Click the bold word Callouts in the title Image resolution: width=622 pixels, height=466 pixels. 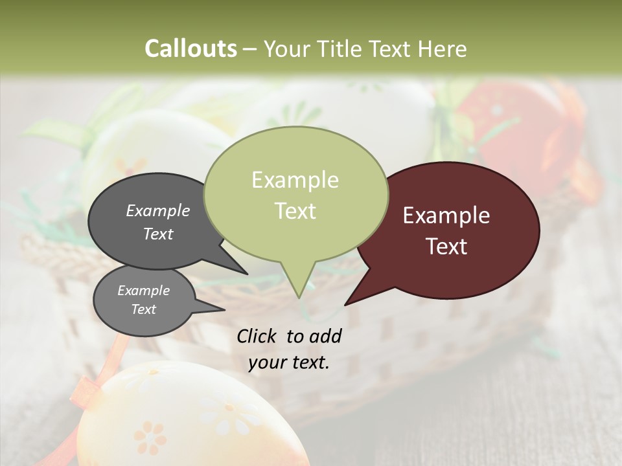click(190, 49)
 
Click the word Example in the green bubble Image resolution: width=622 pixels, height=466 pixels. click(295, 180)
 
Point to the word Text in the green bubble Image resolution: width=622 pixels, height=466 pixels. click(295, 210)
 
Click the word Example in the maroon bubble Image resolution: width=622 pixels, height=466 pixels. click(446, 216)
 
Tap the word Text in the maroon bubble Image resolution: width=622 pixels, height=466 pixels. click(447, 247)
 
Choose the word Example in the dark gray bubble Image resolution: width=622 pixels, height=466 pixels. click(157, 211)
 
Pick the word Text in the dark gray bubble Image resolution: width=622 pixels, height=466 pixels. click(157, 234)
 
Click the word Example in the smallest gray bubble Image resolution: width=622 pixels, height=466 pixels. click(143, 291)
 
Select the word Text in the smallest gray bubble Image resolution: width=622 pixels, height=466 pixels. click(143, 309)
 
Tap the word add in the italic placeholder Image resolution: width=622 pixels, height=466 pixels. click(326, 336)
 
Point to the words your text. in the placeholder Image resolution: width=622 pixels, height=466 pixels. click(288, 362)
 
